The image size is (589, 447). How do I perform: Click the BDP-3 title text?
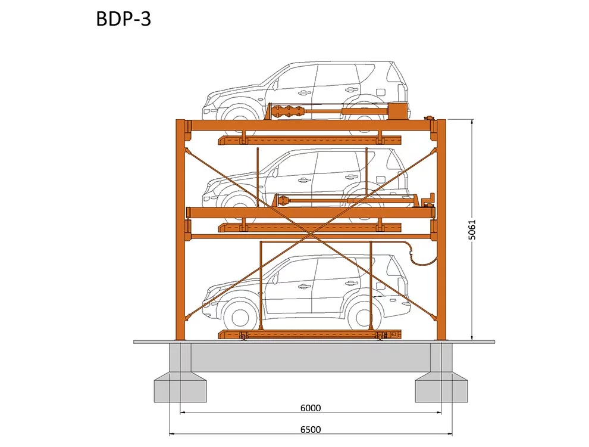coord(124,19)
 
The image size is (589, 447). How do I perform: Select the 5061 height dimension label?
coord(472,229)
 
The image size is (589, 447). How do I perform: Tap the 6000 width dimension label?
coord(311,408)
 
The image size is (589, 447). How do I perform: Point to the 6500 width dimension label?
coord(311,429)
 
